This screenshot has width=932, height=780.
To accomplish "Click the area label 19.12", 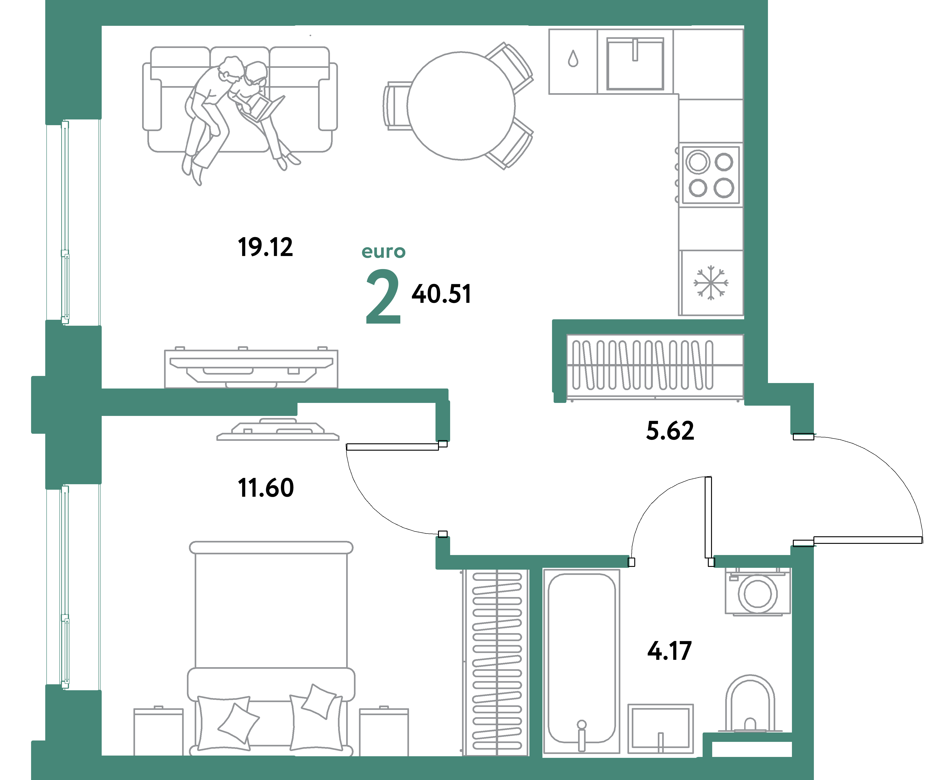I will tap(266, 247).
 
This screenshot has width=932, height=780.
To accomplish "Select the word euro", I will tap(383, 251).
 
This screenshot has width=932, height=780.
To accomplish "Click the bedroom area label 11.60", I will tap(266, 488).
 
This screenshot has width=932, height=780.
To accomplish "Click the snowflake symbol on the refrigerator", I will tap(711, 283).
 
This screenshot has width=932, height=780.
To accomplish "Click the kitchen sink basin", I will tap(635, 64).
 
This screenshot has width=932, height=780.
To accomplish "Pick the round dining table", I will tap(461, 106).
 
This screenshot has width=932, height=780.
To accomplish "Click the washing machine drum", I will tap(758, 594).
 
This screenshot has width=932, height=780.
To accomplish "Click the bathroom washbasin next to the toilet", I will tap(660, 728).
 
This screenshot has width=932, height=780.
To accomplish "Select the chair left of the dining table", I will tap(395, 106).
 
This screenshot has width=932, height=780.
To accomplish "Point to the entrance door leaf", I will tap(868, 540).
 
